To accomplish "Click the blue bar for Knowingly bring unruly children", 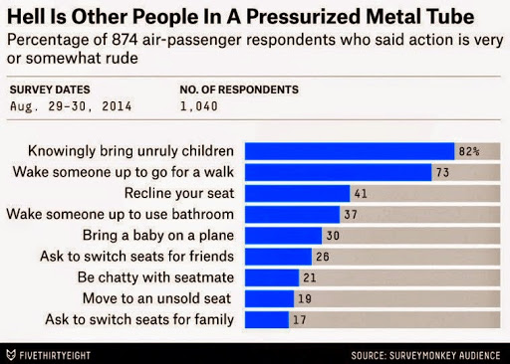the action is [350, 151].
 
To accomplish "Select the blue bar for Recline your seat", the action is [298, 194].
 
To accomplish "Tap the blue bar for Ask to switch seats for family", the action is [267, 320].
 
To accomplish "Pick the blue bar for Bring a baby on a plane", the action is [283, 236].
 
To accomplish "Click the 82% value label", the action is [469, 152].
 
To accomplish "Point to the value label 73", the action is [442, 173].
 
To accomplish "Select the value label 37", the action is [351, 215].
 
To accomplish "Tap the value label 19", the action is [305, 299].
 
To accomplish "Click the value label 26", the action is [323, 257].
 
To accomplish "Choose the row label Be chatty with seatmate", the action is [155, 277].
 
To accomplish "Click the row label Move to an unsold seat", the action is [156, 298].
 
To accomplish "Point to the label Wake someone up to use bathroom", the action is [121, 214].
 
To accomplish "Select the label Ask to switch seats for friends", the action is [136, 257].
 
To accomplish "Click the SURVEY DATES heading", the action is [50, 90].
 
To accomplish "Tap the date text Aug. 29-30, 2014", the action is [71, 106].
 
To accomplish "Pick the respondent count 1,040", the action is [199, 106].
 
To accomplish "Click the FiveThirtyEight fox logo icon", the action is [11, 355].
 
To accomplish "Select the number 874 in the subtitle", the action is [125, 40].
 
